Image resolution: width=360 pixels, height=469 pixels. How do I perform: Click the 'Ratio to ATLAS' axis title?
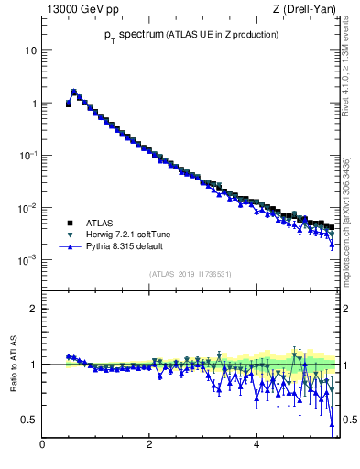click(x=13, y=365)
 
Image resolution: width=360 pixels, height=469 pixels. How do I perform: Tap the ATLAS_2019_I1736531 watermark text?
click(x=189, y=274)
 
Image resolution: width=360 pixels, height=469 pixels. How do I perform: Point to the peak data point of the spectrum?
click(x=74, y=92)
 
